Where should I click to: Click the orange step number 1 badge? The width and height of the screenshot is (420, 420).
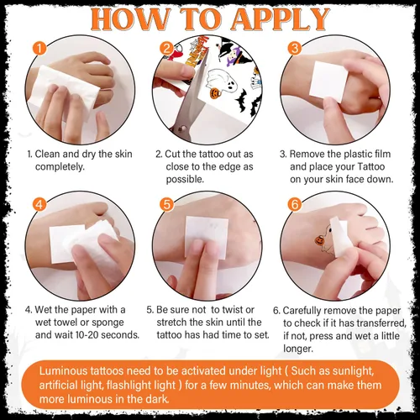39,48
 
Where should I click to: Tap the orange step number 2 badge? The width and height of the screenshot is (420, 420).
167,48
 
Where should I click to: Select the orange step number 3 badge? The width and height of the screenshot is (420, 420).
295,48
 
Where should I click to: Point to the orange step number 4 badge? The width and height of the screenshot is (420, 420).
39,205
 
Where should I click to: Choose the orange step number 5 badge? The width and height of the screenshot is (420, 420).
167,205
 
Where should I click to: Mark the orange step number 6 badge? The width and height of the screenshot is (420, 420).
295,205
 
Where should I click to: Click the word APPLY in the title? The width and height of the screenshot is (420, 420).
281,19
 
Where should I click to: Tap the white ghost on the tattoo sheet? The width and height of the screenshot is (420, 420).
223,81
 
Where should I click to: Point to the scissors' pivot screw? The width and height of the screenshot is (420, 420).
181,129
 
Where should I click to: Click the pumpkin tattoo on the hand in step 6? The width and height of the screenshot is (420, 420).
319,240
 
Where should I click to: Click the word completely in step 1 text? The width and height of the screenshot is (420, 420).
60,167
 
